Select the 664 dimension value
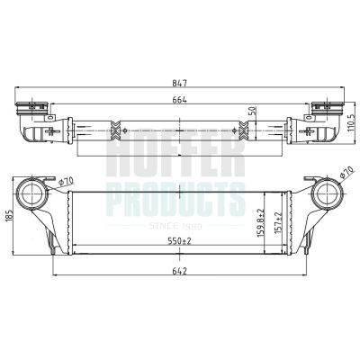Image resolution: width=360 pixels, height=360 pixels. (180, 100)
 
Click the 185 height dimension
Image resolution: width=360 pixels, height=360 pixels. (9, 216)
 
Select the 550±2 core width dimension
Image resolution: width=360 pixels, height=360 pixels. (181, 242)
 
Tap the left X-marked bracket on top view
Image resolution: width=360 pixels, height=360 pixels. (113, 131)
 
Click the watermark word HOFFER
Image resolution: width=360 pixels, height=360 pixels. (175, 160)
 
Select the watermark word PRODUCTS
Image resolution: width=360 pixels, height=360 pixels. (175, 195)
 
